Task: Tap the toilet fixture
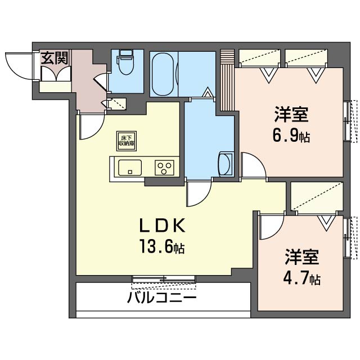[125, 62]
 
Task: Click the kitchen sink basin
[130, 168]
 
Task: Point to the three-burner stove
[164, 168]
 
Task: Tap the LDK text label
[163, 226]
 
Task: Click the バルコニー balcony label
[162, 298]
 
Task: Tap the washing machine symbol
[226, 164]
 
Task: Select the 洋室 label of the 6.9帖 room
[291, 114]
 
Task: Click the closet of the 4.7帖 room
[317, 196]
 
